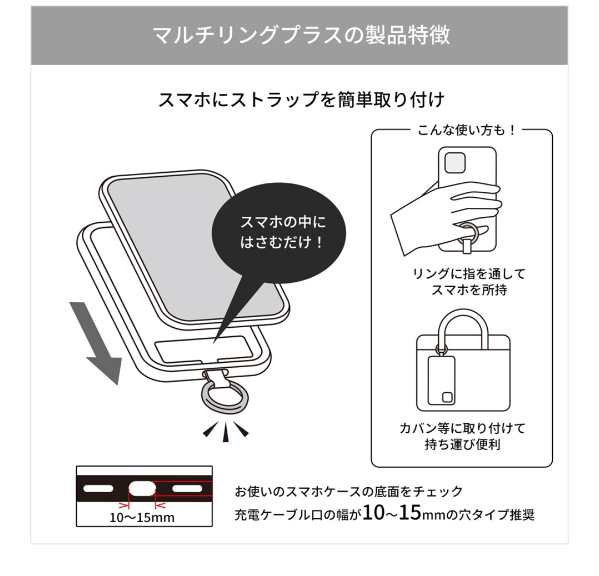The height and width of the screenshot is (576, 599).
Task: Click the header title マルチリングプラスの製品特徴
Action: point(301,35)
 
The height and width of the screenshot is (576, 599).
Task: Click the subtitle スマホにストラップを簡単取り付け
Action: point(301,100)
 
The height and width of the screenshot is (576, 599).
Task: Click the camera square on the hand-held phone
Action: point(455,163)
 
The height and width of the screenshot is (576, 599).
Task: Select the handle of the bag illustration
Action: point(463,322)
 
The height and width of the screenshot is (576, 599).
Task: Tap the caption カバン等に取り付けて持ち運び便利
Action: point(462,436)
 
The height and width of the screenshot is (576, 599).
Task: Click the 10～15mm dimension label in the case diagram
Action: point(142,517)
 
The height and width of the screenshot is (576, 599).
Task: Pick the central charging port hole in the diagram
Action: point(140,488)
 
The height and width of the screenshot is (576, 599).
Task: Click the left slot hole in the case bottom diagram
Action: point(99,488)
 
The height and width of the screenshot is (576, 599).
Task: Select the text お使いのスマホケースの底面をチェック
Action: point(348,491)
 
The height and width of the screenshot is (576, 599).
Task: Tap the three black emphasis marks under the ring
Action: point(225,431)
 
